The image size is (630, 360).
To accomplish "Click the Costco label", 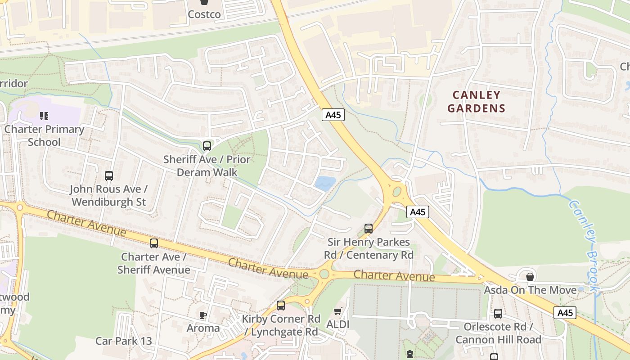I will point(204,14).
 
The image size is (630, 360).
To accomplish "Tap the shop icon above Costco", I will point(204,2).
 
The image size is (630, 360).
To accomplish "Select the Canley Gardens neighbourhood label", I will point(476,101).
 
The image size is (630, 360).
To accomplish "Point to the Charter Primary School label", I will point(44,135).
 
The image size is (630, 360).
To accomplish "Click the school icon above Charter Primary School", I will point(44,116).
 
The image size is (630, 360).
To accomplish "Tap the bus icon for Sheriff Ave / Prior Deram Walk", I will point(207,146).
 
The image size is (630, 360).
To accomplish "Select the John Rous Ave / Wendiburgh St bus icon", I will point(109,176).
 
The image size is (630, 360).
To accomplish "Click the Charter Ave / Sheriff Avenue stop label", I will point(153,263).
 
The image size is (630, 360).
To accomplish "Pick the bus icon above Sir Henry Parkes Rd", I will point(369,229).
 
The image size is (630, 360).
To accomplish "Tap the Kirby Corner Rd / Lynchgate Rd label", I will point(281,325).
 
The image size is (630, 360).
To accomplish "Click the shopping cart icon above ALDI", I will point(338,311).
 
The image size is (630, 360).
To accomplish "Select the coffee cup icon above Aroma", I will point(203,315).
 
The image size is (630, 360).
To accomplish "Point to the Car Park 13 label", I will point(124,341).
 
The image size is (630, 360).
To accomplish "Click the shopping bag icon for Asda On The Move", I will point(530,276).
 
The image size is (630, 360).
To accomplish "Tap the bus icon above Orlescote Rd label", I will point(498,314).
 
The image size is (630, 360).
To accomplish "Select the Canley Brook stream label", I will point(585,247).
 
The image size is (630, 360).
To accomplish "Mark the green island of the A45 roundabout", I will point(397,192).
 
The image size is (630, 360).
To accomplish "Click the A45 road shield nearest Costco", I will point(333,115).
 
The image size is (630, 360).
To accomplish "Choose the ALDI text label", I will point(338,324).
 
